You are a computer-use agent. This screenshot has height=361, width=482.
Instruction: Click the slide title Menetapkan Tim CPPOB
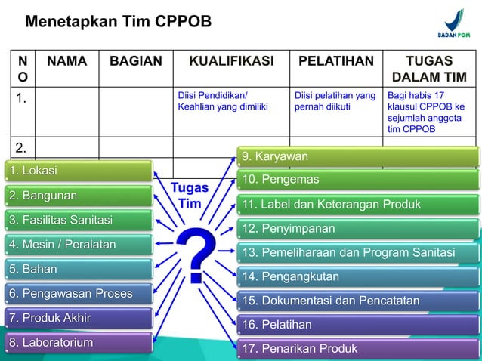click(x=118, y=21)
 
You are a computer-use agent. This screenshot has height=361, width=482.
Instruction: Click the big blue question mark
click(x=194, y=255)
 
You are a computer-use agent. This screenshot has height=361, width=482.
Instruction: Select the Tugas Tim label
click(x=190, y=196)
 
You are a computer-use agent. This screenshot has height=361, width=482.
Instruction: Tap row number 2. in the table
click(x=22, y=147)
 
